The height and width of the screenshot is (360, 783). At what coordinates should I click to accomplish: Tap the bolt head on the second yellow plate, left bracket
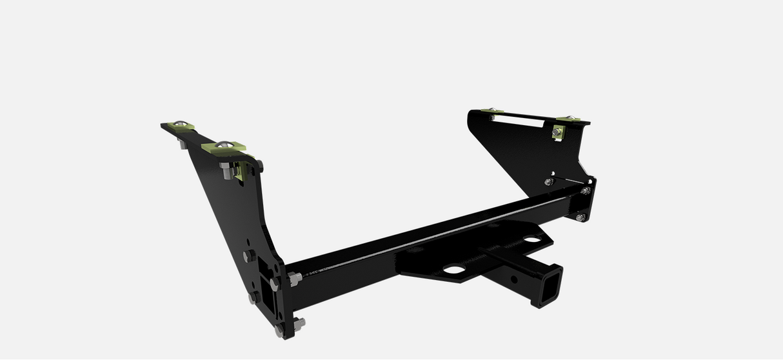click(x=223, y=145)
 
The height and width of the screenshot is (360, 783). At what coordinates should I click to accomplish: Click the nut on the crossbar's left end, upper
click(x=295, y=278)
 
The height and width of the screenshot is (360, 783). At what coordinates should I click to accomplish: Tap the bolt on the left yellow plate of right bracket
click(x=491, y=112)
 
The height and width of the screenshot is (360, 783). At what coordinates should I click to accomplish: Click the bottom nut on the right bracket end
click(x=580, y=217)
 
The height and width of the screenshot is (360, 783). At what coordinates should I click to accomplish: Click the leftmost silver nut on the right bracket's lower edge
click(x=548, y=182)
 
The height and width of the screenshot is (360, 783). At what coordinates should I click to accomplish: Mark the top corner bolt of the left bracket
click(x=259, y=163)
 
